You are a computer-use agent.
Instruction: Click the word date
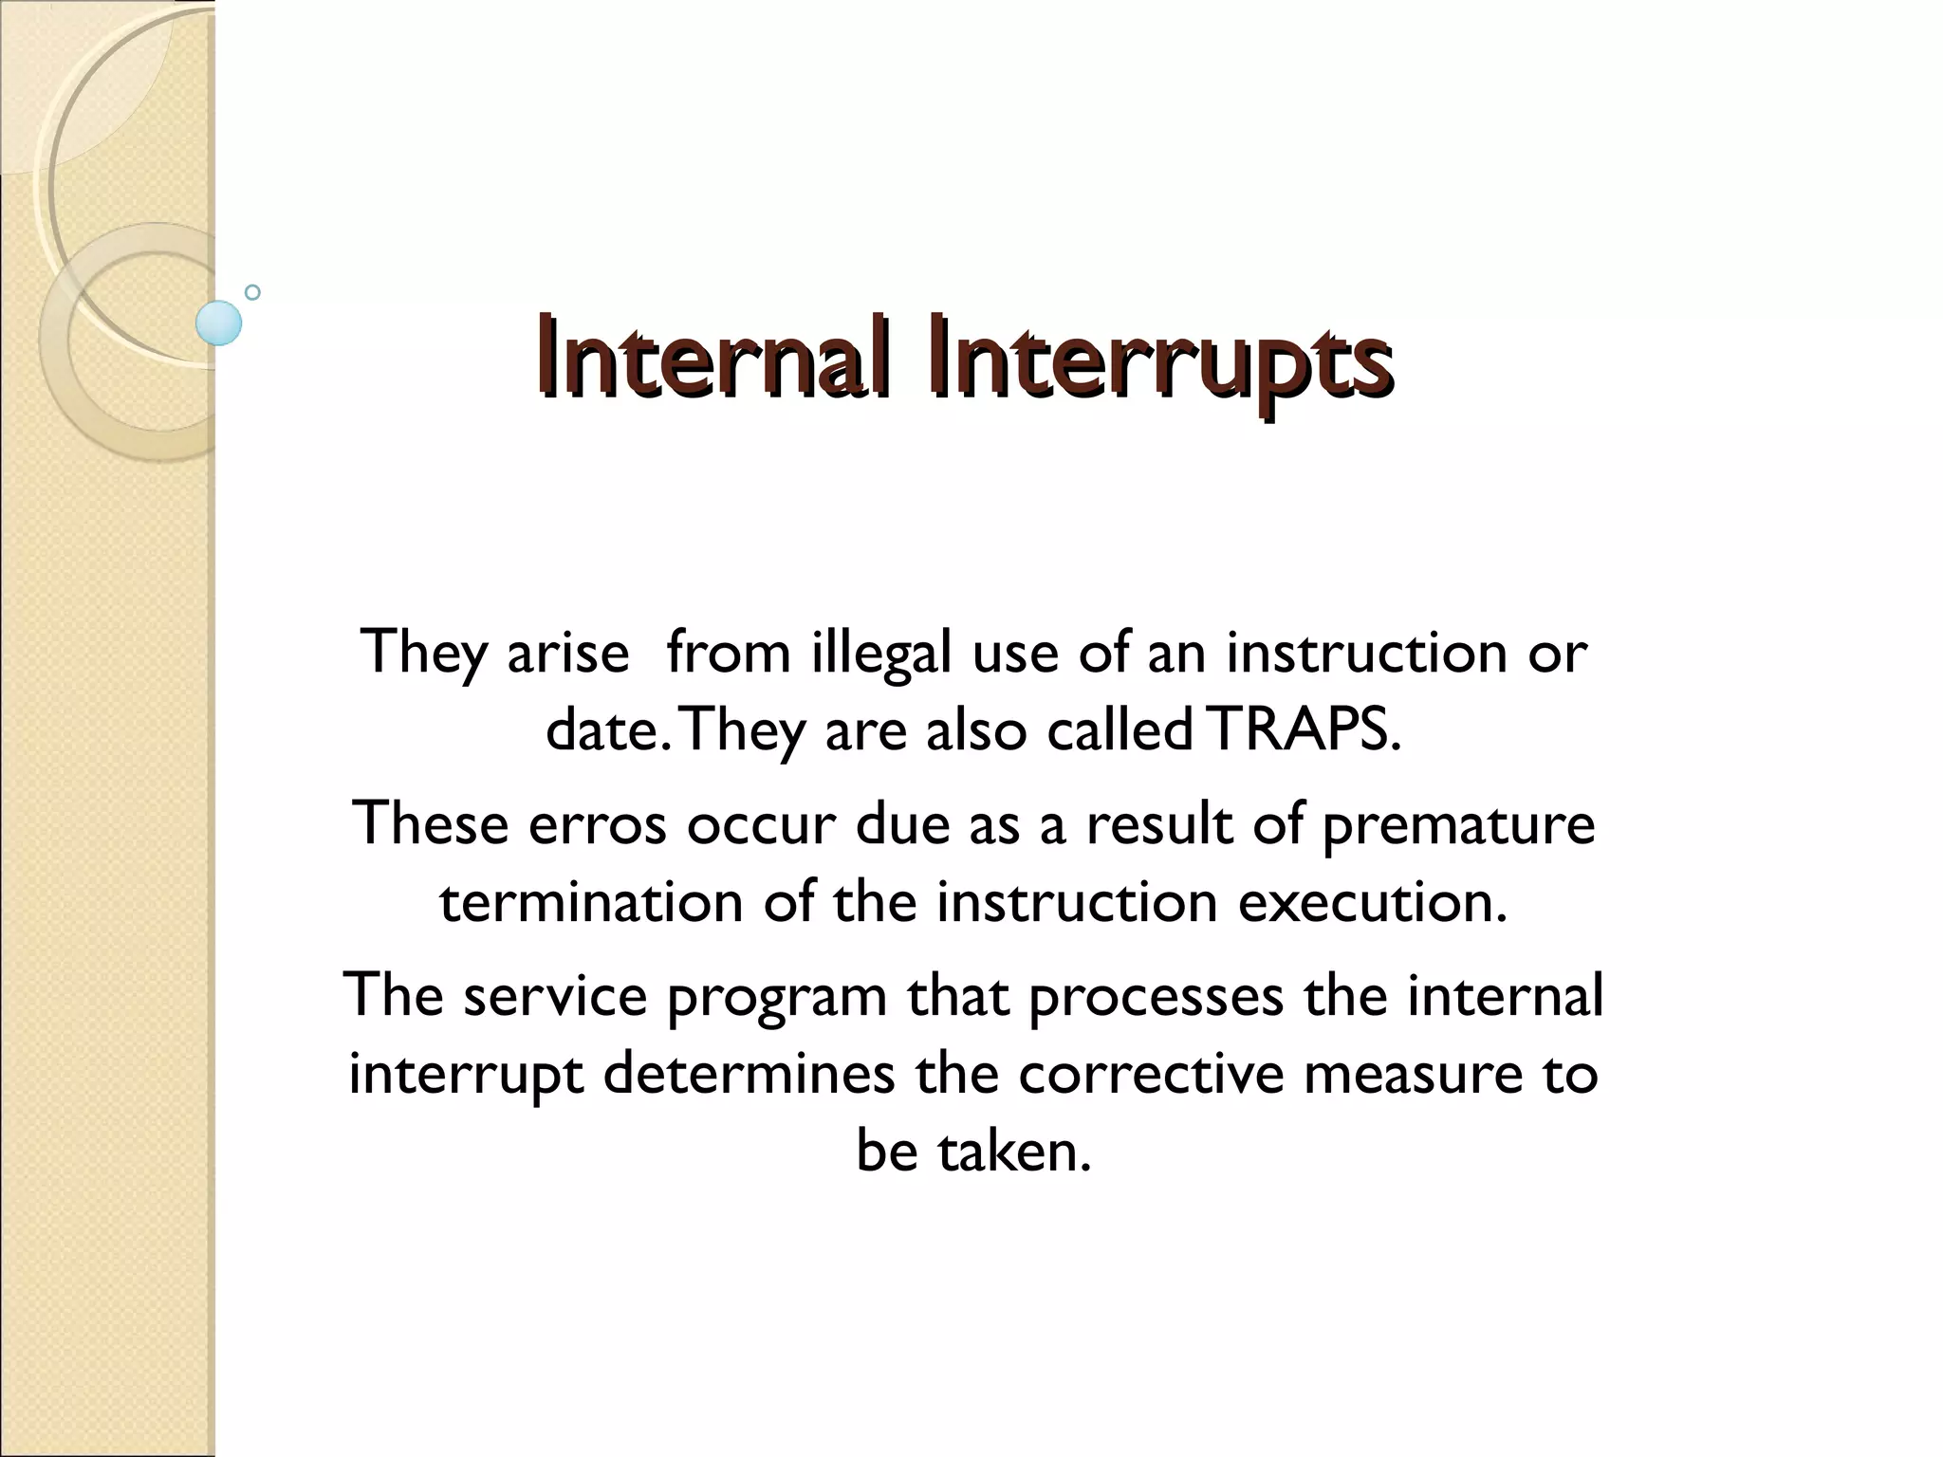[x=601, y=731]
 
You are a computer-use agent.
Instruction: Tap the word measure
[x=1412, y=1074]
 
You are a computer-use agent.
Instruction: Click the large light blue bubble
[x=219, y=323]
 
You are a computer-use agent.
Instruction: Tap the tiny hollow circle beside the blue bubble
[x=252, y=292]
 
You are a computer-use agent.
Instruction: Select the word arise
[x=568, y=655]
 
